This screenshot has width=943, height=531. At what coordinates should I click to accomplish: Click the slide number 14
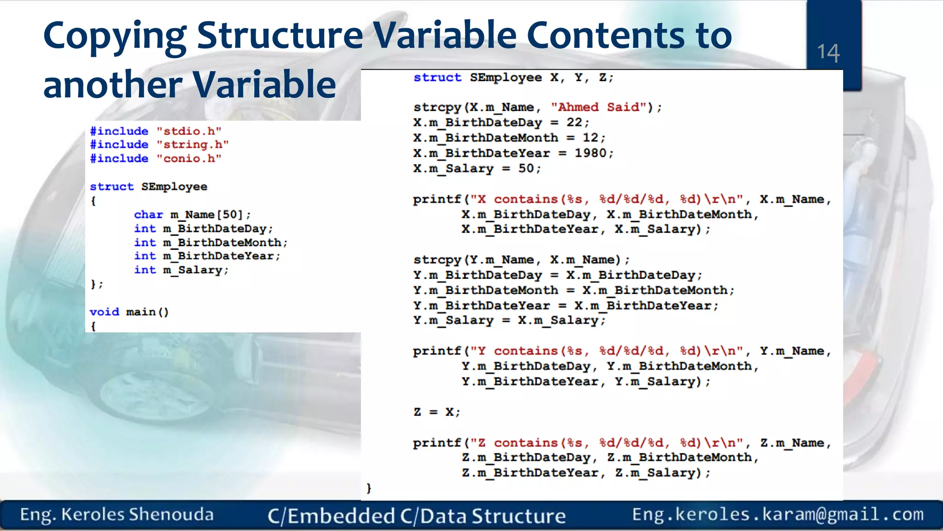pos(828,53)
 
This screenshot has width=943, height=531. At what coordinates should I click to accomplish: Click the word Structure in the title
pos(279,36)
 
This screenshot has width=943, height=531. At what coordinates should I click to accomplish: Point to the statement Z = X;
pos(437,412)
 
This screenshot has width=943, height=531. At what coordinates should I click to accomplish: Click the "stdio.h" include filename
pos(189,131)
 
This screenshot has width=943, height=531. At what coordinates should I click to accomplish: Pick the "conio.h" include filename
pos(189,159)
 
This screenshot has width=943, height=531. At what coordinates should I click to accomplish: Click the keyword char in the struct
pos(148,215)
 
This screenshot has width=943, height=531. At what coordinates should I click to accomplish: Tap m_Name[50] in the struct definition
pos(206,215)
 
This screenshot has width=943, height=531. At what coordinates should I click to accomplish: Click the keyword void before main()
pos(104,312)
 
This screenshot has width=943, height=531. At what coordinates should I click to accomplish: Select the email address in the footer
pos(778,514)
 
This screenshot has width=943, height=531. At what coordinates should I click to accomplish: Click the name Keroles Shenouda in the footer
pos(137,514)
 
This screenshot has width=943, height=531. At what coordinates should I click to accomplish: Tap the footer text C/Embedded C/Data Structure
pos(416,516)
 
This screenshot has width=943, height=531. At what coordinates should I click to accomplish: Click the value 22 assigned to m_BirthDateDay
pos(574,123)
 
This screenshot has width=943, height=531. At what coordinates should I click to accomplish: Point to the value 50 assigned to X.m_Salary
pos(526,168)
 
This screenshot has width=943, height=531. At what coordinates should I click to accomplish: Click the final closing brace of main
pos(368,488)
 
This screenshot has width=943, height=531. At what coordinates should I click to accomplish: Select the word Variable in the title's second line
pos(264,85)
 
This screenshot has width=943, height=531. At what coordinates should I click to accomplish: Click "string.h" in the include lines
pos(192,145)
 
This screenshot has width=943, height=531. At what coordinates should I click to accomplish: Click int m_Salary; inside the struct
pos(181,270)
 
